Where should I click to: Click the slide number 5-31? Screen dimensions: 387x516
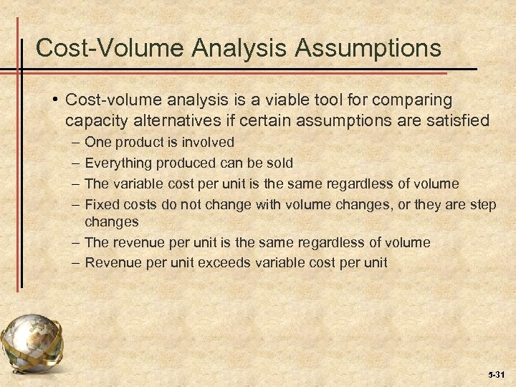[x=494, y=374]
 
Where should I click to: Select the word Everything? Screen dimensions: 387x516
[x=118, y=163]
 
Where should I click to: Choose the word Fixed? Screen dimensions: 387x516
[x=101, y=204]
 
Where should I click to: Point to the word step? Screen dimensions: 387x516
[x=480, y=204]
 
